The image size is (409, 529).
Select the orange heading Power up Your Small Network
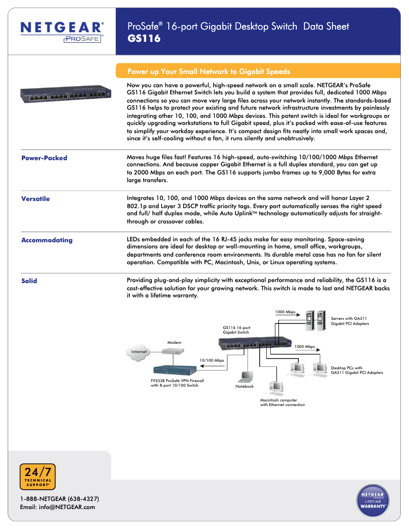209,71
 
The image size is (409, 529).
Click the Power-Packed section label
44,158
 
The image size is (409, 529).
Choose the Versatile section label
35,199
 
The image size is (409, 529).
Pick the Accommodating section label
46,240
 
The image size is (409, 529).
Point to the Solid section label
29,281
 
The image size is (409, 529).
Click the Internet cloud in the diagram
139,352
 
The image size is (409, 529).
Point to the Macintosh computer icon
276,388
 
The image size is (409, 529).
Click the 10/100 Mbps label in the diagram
212,361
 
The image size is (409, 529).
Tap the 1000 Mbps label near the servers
285,312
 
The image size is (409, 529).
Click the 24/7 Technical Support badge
37,477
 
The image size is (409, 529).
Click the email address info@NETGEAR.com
58,507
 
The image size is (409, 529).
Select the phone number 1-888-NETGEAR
59,498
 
